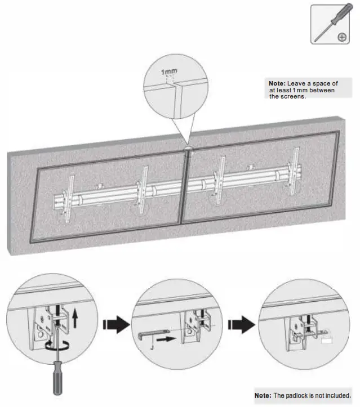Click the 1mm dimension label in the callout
tap(168, 73)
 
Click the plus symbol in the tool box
tap(341, 37)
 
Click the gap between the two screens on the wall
tap(185, 186)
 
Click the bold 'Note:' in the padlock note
tap(263, 395)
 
